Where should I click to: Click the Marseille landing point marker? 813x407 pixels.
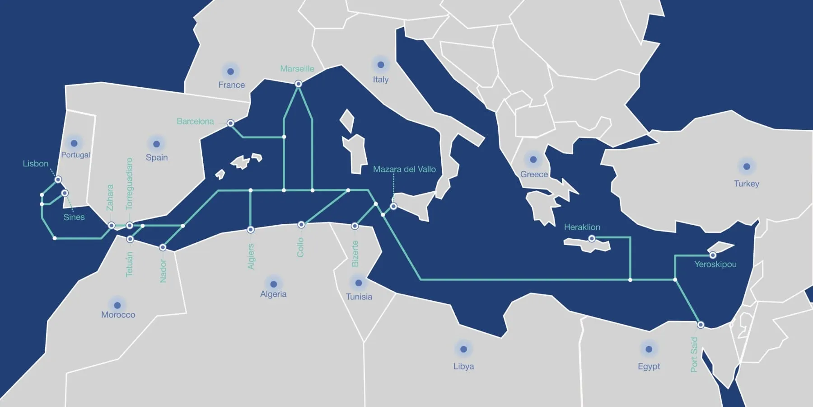tap(298, 84)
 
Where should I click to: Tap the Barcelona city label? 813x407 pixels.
tap(195, 121)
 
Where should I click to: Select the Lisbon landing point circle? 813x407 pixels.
tap(58, 180)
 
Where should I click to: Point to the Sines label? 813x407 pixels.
tap(74, 217)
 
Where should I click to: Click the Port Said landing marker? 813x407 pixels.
tap(700, 325)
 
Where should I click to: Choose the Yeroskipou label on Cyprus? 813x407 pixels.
tap(715, 264)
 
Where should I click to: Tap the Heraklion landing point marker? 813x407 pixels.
tap(592, 238)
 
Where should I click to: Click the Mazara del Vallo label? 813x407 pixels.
tap(404, 169)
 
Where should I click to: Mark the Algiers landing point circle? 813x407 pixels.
tap(251, 230)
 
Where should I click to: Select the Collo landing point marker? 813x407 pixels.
tap(301, 225)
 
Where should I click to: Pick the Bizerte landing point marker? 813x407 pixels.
tap(355, 226)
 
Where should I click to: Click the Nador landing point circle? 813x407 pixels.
tap(163, 247)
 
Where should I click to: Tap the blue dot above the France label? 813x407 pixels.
tap(230, 71)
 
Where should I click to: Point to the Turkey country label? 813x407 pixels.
tap(746, 184)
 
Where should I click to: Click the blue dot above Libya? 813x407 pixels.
tap(463, 349)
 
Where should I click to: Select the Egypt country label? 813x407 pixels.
tap(649, 366)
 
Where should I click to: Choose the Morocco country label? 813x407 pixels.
tap(118, 315)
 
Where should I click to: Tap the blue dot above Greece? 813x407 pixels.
tap(533, 159)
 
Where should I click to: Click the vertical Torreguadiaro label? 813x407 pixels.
tap(129, 184)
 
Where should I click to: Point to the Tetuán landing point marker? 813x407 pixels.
tap(130, 239)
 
